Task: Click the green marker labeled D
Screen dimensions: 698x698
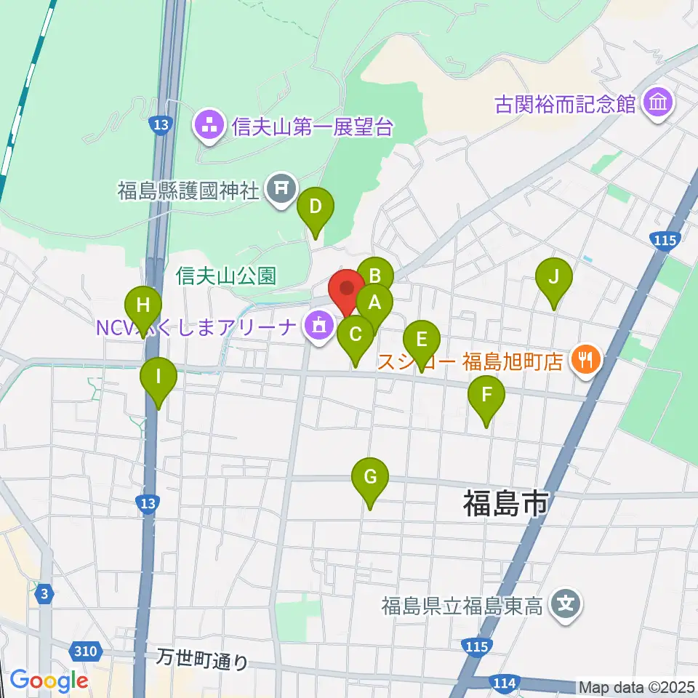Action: pyautogui.click(x=315, y=207)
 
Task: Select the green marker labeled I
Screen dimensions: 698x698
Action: pyautogui.click(x=159, y=378)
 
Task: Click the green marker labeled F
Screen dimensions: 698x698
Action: pyautogui.click(x=487, y=396)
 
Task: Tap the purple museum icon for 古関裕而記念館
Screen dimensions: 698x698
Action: pyautogui.click(x=659, y=103)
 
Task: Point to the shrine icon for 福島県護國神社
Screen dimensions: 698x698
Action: pyautogui.click(x=281, y=190)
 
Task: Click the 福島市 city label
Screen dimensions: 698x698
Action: pyautogui.click(x=506, y=502)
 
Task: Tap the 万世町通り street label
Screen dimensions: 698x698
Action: pyautogui.click(x=203, y=659)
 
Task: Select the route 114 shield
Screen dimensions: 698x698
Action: pyautogui.click(x=504, y=683)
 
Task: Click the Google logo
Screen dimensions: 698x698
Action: pyautogui.click(x=49, y=681)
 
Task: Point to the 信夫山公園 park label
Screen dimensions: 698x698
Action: pyautogui.click(x=226, y=276)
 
